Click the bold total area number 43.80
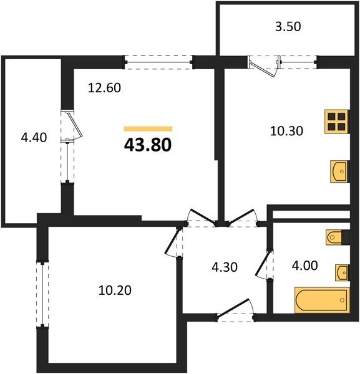(148, 145)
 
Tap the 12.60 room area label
(104, 88)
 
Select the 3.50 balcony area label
(288, 26)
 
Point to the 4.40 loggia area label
(34, 138)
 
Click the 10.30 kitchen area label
(286, 131)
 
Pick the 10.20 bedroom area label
(115, 290)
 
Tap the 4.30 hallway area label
(225, 267)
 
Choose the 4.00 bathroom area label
(305, 266)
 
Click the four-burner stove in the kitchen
(337, 122)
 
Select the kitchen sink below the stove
(339, 172)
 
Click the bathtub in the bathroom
(323, 300)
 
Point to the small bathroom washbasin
(342, 272)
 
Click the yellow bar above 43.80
(148, 129)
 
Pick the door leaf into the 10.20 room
(172, 241)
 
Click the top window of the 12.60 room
(158, 62)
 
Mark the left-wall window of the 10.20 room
(42, 295)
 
